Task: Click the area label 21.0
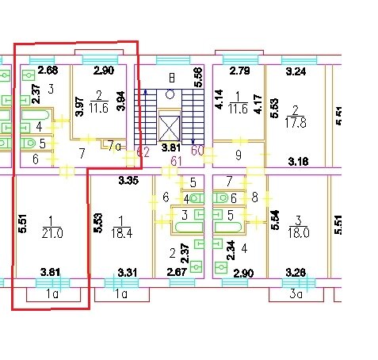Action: click(x=52, y=234)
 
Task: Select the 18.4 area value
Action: click(x=121, y=234)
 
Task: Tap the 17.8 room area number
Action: click(x=296, y=123)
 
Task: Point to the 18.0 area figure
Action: click(x=299, y=233)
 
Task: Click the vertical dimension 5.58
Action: click(x=198, y=77)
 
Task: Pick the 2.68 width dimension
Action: click(x=48, y=71)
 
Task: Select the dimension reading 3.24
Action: click(x=296, y=71)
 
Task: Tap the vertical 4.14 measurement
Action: click(x=220, y=99)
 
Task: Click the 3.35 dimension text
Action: click(x=128, y=181)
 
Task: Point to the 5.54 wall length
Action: click(x=275, y=220)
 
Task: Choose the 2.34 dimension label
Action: click(x=231, y=251)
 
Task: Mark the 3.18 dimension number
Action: click(x=298, y=161)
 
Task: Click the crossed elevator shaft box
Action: click(x=170, y=128)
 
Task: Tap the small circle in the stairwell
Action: click(x=170, y=94)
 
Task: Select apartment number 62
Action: click(x=143, y=152)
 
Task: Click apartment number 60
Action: click(x=197, y=151)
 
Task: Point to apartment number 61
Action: click(x=177, y=161)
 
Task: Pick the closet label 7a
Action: click(x=114, y=146)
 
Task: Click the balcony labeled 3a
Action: click(x=296, y=294)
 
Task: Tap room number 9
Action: click(x=239, y=155)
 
